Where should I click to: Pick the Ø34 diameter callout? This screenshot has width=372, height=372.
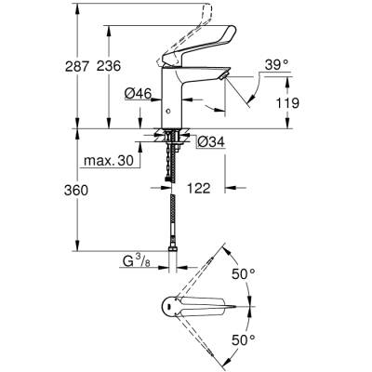pyautogui.click(x=209, y=142)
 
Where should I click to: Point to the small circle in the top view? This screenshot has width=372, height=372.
pyautogui.click(x=167, y=306)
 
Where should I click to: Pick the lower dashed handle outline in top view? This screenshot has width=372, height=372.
pyautogui.click(x=205, y=341)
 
